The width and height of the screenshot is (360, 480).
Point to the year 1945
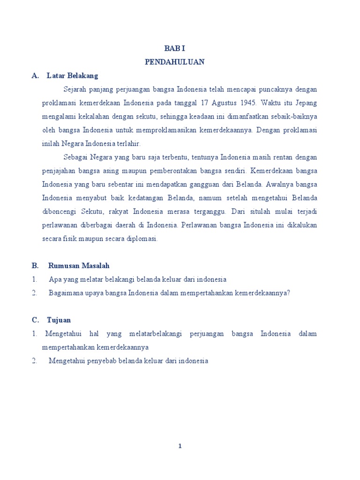click(247, 103)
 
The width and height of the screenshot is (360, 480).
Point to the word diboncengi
click(57, 211)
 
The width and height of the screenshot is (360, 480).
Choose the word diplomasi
click(143, 239)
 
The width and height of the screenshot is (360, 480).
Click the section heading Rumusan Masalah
click(79, 266)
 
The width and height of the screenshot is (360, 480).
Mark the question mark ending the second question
click(289, 293)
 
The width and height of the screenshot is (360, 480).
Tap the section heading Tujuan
click(59, 320)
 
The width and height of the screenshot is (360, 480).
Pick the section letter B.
click(35, 266)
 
